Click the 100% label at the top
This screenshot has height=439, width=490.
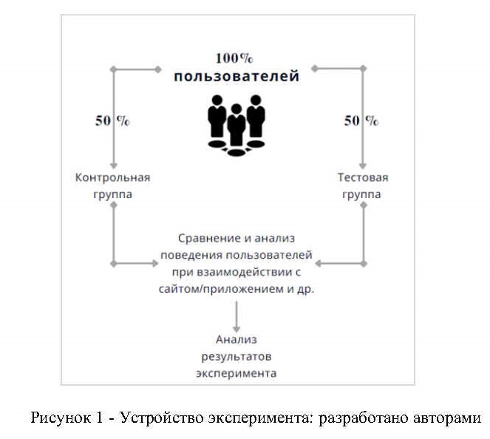pyautogui.click(x=235, y=58)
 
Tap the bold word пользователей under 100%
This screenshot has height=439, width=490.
pyautogui.click(x=237, y=76)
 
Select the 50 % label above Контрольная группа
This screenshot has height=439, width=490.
pyautogui.click(x=112, y=121)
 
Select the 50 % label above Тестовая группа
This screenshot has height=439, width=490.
pyautogui.click(x=361, y=121)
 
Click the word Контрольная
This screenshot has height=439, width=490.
pyautogui.click(x=113, y=177)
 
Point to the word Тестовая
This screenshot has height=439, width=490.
pyautogui.click(x=363, y=177)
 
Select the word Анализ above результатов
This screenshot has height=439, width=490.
pyautogui.click(x=236, y=340)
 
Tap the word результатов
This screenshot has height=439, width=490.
pyautogui.click(x=237, y=356)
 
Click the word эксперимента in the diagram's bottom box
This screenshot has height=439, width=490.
pyautogui.click(x=237, y=373)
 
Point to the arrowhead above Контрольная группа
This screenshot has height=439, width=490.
pyautogui.click(x=113, y=164)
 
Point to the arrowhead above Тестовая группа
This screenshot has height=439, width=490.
pyautogui.click(x=363, y=164)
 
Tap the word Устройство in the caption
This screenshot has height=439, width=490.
pyautogui.click(x=158, y=418)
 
